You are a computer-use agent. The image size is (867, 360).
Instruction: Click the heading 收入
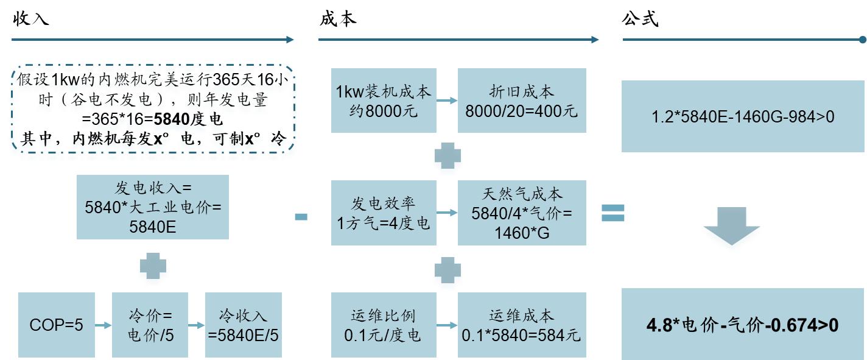30,19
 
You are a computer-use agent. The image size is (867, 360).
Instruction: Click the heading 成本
337,19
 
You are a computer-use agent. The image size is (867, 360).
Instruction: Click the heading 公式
640,19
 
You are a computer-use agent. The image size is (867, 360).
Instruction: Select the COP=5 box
57,325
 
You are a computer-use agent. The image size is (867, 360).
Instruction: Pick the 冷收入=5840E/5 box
244,325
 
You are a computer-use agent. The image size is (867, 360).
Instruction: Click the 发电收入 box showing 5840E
153,207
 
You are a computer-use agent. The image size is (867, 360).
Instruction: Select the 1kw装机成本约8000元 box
384,101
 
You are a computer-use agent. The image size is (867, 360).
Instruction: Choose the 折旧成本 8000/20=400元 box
522,101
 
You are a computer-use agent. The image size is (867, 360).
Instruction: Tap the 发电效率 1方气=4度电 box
384,213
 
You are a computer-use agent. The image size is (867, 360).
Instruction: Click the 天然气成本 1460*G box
522,213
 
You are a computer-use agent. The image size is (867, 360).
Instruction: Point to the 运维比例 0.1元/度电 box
384,325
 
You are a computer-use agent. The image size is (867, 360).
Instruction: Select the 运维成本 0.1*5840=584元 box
522,325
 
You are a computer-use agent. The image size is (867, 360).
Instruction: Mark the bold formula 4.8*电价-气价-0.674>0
743,325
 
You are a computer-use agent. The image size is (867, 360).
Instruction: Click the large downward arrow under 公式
731,226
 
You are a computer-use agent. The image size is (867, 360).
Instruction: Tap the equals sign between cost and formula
613,213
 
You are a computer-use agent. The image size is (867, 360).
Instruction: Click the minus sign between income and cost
301,216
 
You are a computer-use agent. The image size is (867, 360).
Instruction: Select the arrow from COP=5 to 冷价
104,325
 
